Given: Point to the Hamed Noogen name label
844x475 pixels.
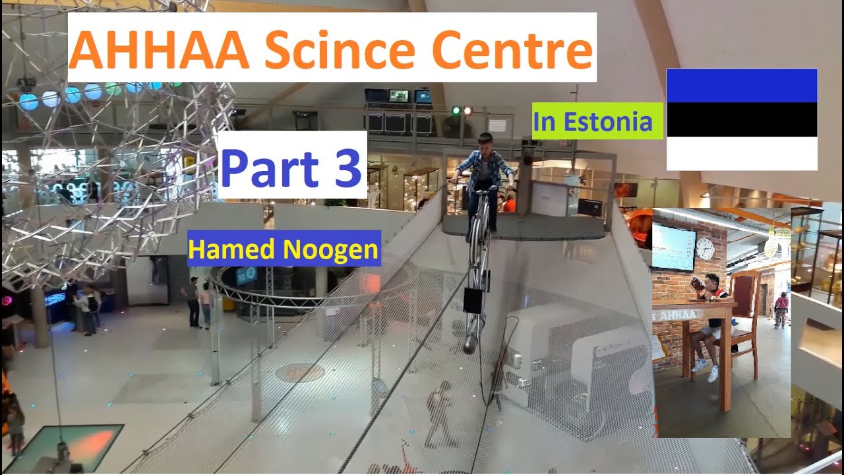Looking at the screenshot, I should [x=284, y=249].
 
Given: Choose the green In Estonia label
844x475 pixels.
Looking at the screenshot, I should [x=597, y=121].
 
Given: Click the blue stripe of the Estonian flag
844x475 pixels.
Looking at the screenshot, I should [x=742, y=86].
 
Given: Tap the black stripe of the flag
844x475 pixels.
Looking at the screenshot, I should [x=742, y=119].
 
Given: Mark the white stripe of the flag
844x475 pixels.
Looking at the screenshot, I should [x=742, y=153].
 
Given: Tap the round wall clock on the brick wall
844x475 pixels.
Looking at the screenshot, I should [x=704, y=248].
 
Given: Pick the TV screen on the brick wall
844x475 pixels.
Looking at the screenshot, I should [x=672, y=247].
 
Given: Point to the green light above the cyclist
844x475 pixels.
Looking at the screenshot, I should [x=455, y=110].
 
